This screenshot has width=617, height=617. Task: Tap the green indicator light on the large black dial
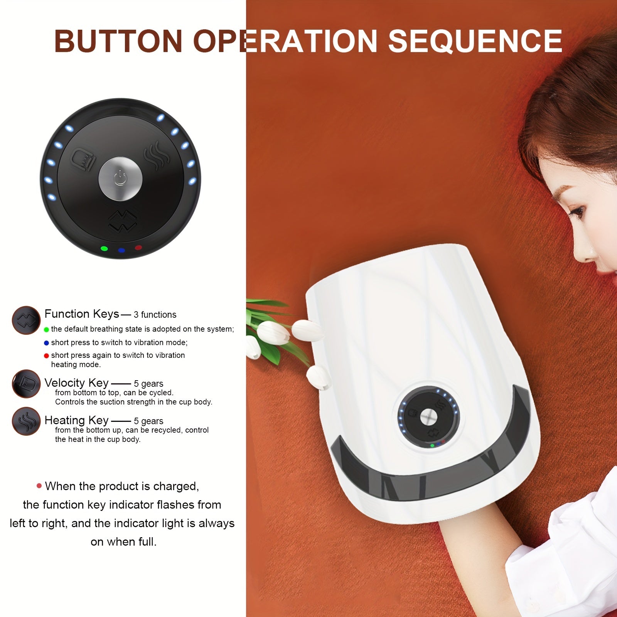point(104,248)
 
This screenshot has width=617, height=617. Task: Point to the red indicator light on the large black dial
point(138,248)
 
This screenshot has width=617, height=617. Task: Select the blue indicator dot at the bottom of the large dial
point(121,250)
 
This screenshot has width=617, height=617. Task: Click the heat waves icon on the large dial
point(156,155)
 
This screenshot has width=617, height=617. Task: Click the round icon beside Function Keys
point(26,320)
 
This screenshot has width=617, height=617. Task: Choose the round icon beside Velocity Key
point(26,384)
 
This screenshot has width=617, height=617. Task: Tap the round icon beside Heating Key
point(26,421)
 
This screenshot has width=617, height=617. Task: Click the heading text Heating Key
point(76,420)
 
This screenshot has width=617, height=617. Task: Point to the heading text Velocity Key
point(76,383)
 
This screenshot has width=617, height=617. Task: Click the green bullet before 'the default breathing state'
point(47,330)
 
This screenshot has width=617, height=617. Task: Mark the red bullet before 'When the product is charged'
point(39,486)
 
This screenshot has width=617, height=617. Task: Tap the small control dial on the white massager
point(428,417)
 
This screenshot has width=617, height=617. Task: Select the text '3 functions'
point(155,315)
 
